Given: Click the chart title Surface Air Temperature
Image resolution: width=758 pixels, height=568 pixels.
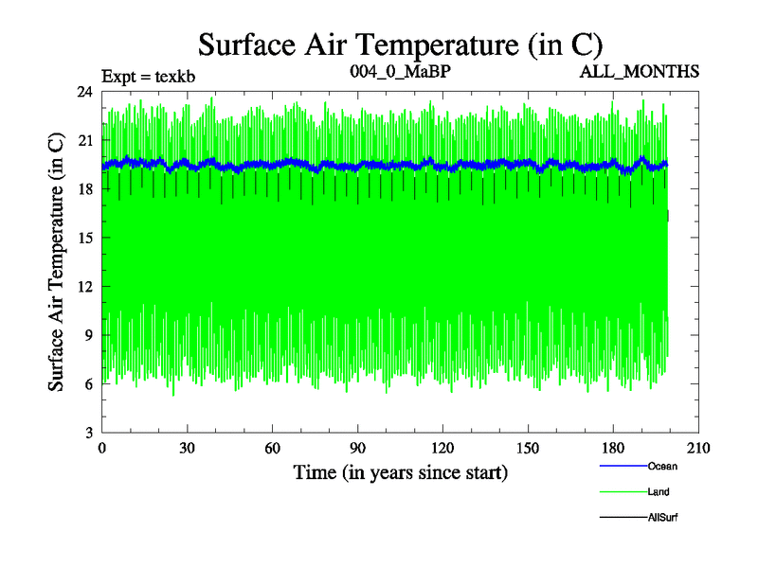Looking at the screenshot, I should [400, 44].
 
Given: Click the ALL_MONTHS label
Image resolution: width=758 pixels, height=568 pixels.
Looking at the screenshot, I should [647, 72].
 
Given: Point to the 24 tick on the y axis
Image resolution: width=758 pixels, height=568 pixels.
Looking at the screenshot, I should [85, 92].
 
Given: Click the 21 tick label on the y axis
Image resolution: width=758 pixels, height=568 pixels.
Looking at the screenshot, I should [85, 140].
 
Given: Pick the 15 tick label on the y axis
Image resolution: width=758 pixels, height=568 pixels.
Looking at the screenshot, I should [85, 238].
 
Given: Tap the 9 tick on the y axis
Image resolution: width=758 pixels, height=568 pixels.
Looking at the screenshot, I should [89, 335].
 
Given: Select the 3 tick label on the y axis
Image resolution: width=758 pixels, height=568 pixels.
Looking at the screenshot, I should [89, 433].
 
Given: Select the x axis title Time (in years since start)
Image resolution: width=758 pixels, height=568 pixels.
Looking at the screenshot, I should [400, 471].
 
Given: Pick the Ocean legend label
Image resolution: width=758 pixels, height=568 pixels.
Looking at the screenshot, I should [662, 466].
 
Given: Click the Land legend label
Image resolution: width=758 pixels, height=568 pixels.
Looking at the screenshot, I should [659, 491].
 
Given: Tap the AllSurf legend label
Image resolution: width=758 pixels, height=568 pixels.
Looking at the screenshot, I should [663, 517].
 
